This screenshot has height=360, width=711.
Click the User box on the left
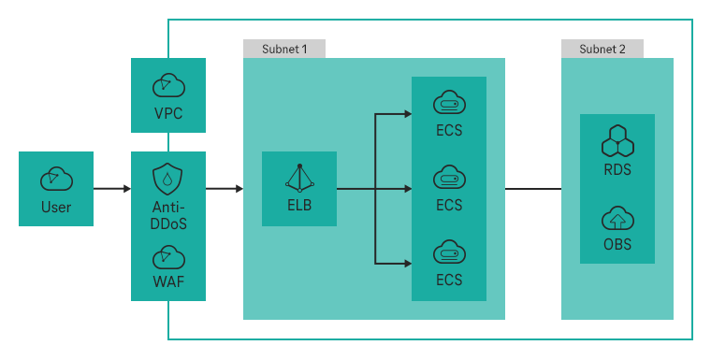tap(56, 188)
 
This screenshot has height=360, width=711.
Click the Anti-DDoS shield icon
tap(168, 179)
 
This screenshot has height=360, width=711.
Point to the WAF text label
tap(168, 281)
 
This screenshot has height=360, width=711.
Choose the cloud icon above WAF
tap(168, 255)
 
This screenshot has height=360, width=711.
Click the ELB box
tap(299, 188)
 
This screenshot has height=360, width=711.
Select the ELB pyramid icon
tap(299, 176)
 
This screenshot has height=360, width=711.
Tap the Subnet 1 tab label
tap(284, 49)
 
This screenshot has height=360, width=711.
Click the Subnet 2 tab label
tap(602, 49)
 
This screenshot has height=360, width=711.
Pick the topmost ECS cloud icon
tap(449, 101)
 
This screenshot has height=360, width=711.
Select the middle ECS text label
tap(449, 204)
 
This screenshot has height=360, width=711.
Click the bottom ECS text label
tap(449, 279)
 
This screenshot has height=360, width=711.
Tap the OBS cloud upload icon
tap(617, 219)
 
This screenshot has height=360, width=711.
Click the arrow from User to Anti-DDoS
tap(112, 188)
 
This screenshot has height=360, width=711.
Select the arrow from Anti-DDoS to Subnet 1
tap(225, 188)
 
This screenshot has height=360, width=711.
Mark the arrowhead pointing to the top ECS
tap(407, 114)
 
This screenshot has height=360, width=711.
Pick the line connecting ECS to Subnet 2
tap(533, 188)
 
